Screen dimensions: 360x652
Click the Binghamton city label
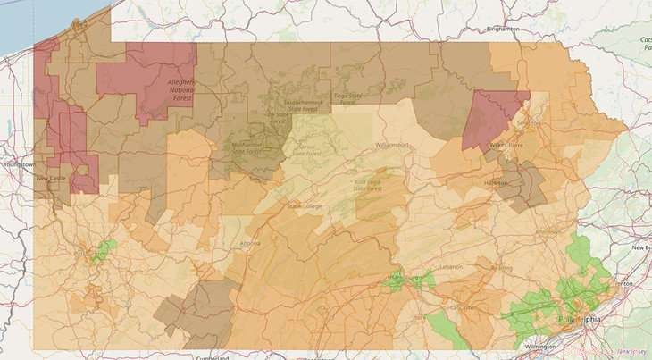pos(502,29)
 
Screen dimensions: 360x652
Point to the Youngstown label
pos(20,165)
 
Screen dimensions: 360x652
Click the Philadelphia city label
pos(576,319)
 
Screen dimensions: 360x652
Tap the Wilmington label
pos(540,345)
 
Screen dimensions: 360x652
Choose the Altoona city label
pos(251,243)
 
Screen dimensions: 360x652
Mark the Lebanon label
pos(452,267)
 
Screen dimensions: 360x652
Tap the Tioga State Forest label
pos(346,98)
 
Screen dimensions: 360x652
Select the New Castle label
pos(48,178)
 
